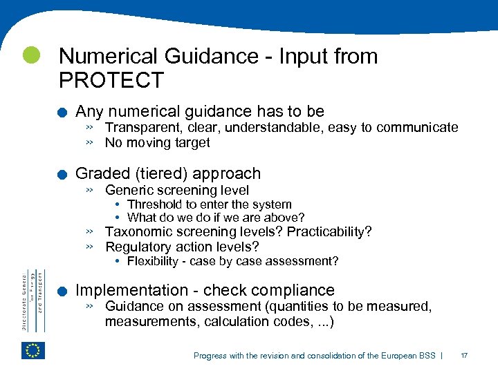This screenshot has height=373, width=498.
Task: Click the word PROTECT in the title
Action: pos(111,80)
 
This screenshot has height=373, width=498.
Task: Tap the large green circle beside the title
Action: pos(30,55)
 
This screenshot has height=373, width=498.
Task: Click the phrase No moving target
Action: pos(157,143)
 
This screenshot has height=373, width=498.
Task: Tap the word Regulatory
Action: pos(136,247)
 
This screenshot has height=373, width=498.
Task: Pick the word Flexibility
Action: pos(153,261)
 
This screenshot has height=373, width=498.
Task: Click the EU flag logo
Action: pos(33,350)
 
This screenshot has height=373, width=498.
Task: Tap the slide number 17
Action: pos(464,356)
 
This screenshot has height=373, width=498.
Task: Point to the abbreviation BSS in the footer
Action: pos(427,356)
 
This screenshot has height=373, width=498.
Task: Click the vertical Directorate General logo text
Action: pos(32,291)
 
